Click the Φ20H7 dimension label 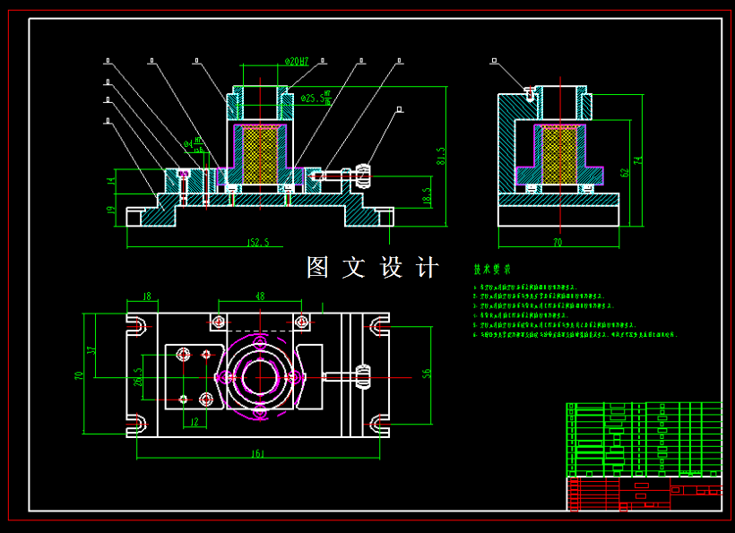[x=297, y=62]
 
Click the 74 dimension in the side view [x=638, y=160]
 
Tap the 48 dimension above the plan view [x=260, y=297]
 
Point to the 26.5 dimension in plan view [x=138, y=376]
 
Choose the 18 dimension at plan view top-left [x=147, y=297]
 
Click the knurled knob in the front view [x=363, y=176]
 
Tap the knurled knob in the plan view [x=364, y=376]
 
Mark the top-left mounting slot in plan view [x=137, y=323]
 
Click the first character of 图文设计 [x=318, y=267]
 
